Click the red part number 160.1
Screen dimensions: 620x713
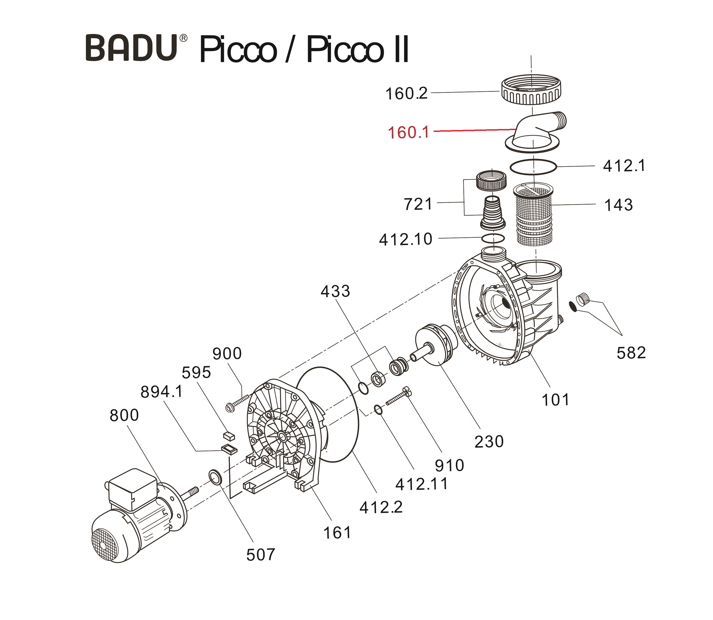click(x=408, y=133)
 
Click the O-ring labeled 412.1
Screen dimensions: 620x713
click(x=533, y=166)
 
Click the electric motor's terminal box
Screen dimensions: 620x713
click(x=133, y=489)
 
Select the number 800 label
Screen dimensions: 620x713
click(x=124, y=415)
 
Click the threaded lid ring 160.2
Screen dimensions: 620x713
click(x=531, y=91)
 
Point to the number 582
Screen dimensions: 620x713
click(x=631, y=353)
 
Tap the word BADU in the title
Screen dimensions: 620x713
click(x=132, y=48)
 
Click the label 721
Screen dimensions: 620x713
click(x=418, y=204)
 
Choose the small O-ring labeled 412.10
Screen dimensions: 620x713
click(x=493, y=238)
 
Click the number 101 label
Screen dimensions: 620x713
click(x=555, y=400)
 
